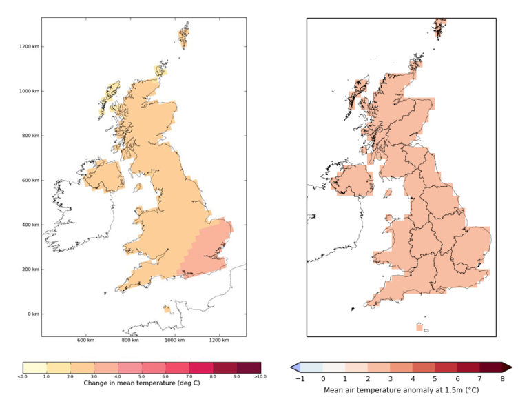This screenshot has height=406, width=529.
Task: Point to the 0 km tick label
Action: tap(32, 314)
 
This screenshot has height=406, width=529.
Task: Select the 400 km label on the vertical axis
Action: tap(30, 225)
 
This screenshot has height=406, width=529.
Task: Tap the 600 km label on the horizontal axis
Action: tap(85, 341)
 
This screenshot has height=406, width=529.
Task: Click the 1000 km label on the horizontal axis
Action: tap(174, 341)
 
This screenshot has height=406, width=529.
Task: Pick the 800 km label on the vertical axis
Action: tap(30, 136)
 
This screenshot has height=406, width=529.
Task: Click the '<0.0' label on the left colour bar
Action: tap(23, 376)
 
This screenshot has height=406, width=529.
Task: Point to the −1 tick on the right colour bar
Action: tap(300, 378)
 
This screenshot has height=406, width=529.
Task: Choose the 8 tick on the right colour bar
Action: tap(502, 378)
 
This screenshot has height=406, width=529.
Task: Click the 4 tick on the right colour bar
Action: tap(413, 378)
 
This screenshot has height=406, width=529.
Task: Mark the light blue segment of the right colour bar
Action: tap(311, 367)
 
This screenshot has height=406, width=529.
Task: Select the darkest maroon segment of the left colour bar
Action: tap(249, 367)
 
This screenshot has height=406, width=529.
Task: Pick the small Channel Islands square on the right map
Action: tap(419, 327)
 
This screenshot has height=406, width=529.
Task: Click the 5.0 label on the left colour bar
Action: tap(142, 376)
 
